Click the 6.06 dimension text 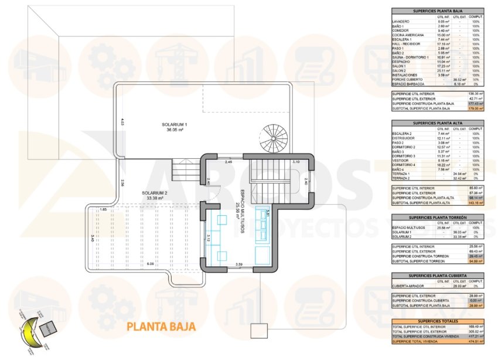(150, 264)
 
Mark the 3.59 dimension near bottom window (238, 264)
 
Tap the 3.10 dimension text (295, 161)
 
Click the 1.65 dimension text (103, 209)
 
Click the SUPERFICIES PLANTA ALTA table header (437, 123)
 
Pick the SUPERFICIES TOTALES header (437, 321)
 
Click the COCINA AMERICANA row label (408, 35)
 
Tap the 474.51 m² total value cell (475, 341)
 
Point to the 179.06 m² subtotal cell (475, 108)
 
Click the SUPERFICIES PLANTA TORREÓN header (437, 216)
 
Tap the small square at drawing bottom (258, 331)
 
